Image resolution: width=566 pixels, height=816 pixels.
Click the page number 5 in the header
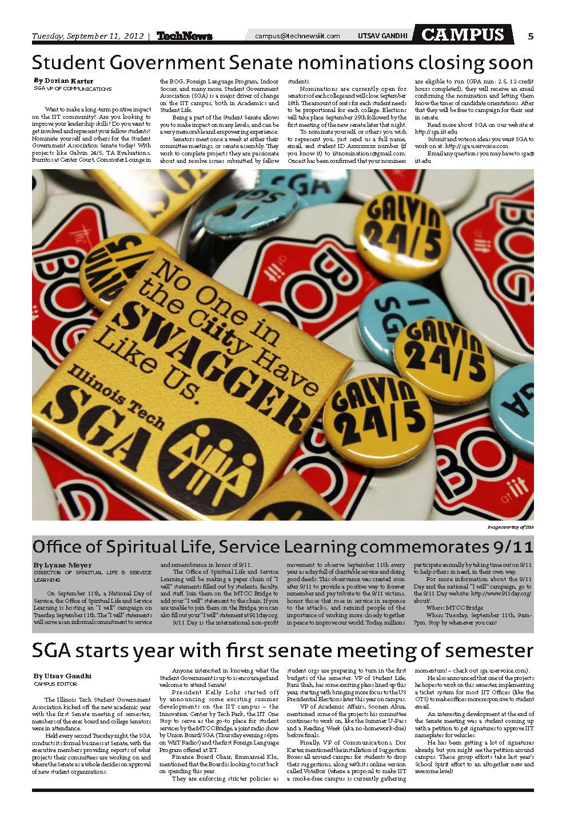(x=531, y=37)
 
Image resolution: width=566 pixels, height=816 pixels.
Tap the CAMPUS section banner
(x=463, y=35)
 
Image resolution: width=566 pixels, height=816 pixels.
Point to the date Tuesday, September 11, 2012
(x=89, y=37)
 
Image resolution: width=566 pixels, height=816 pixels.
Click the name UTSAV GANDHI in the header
(x=382, y=37)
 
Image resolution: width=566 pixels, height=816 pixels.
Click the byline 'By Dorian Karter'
(x=63, y=81)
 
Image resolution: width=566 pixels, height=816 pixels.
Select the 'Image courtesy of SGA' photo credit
(x=510, y=527)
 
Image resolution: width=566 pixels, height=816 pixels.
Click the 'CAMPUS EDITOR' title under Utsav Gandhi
(x=56, y=683)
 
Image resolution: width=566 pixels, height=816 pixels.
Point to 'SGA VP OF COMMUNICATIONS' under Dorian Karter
(x=72, y=89)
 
